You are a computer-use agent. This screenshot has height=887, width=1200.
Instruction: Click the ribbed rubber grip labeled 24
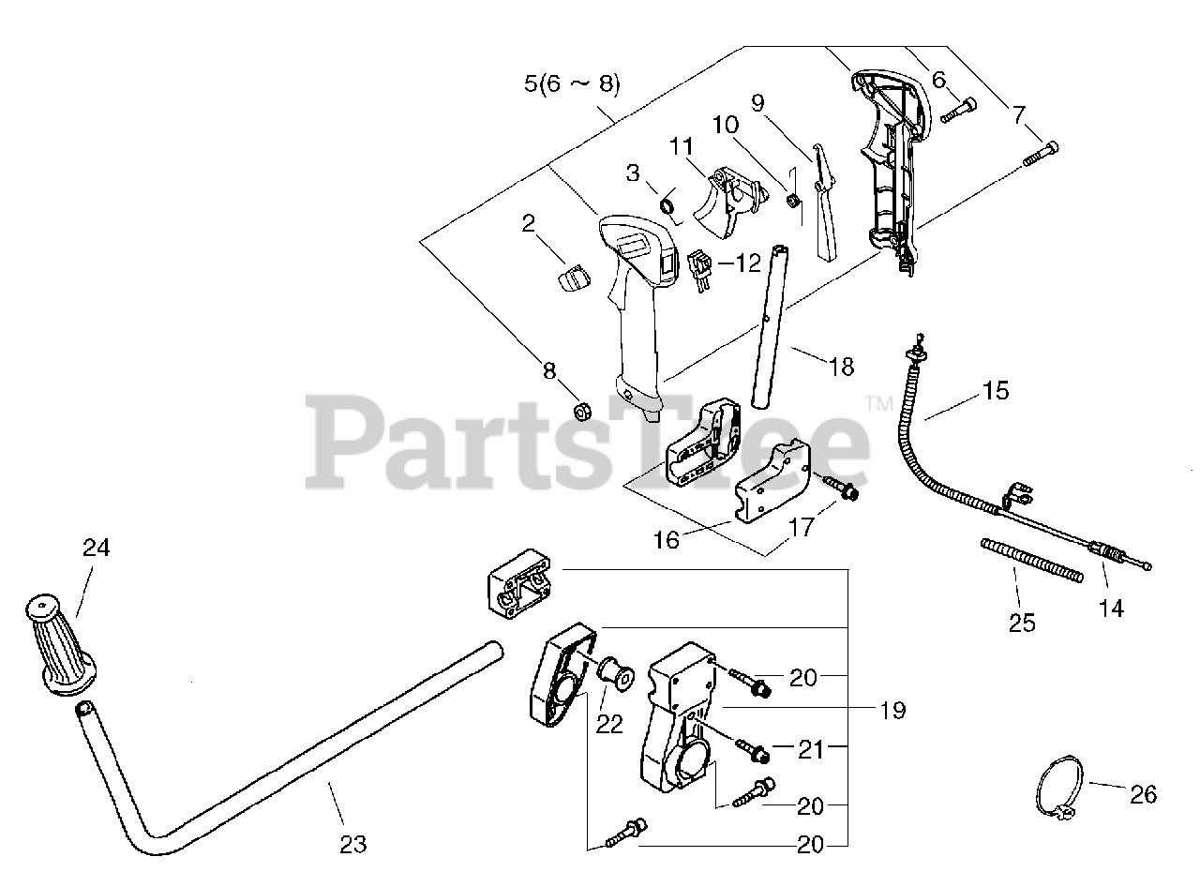click(x=63, y=646)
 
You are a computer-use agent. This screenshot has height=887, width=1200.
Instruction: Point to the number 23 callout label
click(x=352, y=843)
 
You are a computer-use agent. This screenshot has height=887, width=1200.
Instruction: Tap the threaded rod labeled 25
click(x=1031, y=559)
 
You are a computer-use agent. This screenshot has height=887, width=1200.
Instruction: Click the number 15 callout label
click(x=996, y=390)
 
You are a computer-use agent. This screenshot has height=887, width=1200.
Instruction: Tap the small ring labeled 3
click(x=669, y=203)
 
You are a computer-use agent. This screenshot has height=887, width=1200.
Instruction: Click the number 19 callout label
click(x=893, y=710)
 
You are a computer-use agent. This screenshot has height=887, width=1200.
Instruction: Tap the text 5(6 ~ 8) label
click(x=572, y=83)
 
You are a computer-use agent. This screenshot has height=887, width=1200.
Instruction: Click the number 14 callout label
click(x=1111, y=608)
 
